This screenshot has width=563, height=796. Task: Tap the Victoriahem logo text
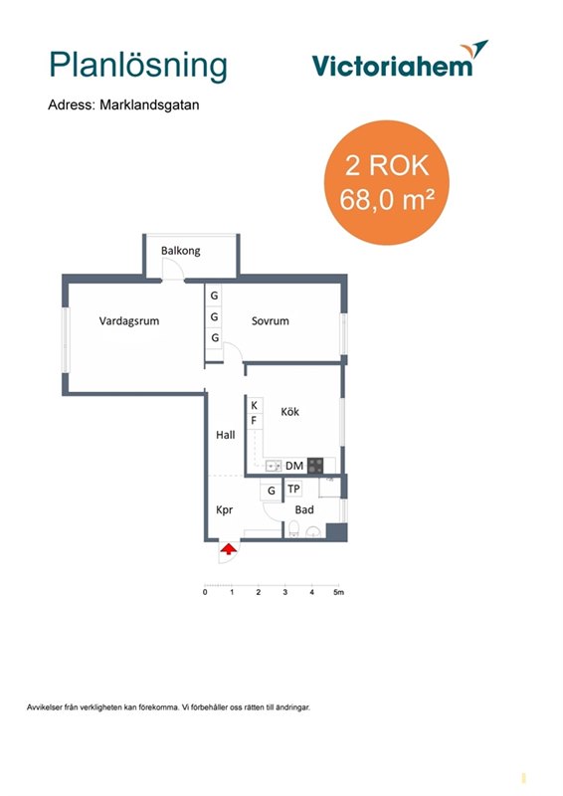tap(392, 66)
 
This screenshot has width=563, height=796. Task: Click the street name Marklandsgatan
tap(149, 105)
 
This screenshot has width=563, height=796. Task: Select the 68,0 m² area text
tap(386, 199)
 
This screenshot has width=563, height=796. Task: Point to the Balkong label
tap(181, 251)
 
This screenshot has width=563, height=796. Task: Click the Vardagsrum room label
tap(129, 320)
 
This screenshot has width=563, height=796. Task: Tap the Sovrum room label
tap(271, 320)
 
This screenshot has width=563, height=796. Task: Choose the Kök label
tap(289, 411)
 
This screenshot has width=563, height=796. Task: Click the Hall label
tap(226, 435)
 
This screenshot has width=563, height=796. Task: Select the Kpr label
tap(225, 510)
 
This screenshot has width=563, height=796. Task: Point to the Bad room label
tap(304, 509)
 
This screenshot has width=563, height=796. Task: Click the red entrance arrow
tap(229, 549)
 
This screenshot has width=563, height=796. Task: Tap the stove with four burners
tap(315, 466)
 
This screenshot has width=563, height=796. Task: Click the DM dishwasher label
tap(294, 466)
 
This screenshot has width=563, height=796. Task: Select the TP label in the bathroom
tap(293, 489)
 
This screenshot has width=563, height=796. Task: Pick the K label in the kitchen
tap(254, 405)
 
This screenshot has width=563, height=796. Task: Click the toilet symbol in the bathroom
tap(293, 528)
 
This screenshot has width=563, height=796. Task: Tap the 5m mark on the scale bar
tap(338, 592)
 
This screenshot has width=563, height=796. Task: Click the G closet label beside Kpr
tap(272, 491)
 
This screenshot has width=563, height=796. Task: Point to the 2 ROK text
tap(387, 165)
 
